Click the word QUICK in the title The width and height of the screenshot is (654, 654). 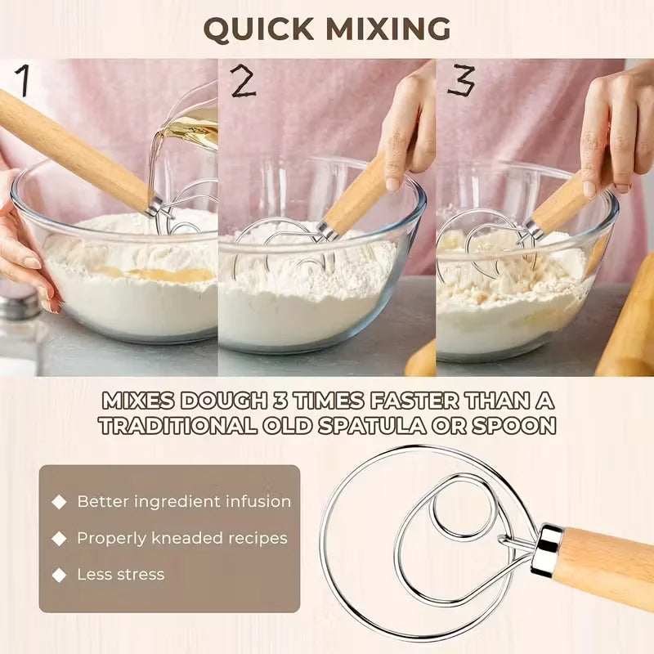(258, 29)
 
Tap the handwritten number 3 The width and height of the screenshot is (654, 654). (460, 81)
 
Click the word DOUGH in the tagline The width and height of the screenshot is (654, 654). (221, 401)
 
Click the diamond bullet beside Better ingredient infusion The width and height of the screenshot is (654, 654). (60, 502)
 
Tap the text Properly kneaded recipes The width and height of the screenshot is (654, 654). (182, 538)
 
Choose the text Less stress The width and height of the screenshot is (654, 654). (120, 575)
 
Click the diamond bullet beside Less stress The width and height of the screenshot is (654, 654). (60, 575)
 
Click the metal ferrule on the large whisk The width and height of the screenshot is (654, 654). (546, 550)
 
